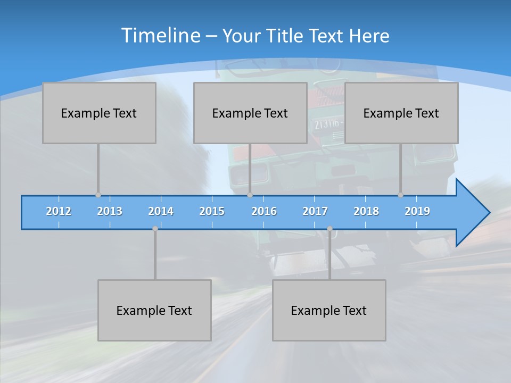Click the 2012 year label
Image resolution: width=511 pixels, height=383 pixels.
59,211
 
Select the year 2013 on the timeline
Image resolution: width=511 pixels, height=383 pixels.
110,211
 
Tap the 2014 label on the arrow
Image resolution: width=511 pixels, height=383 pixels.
161,211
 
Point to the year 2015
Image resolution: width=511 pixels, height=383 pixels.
212,211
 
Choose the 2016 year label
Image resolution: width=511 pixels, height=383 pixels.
264,211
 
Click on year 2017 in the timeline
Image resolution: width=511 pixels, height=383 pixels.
315,211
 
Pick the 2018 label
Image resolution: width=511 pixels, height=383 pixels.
366,211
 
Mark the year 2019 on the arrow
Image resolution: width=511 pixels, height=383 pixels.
417,211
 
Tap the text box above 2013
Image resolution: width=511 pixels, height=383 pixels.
99,113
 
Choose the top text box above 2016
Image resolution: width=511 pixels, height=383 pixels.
250,113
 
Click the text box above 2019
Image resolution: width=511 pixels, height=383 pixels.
401,113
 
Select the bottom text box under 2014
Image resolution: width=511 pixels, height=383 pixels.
154,310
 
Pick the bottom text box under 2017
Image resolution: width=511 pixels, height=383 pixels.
329,310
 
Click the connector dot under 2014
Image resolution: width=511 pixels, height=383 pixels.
155,229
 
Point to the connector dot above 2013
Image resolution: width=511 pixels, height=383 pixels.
98,195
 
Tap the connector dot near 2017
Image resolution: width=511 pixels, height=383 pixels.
329,229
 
